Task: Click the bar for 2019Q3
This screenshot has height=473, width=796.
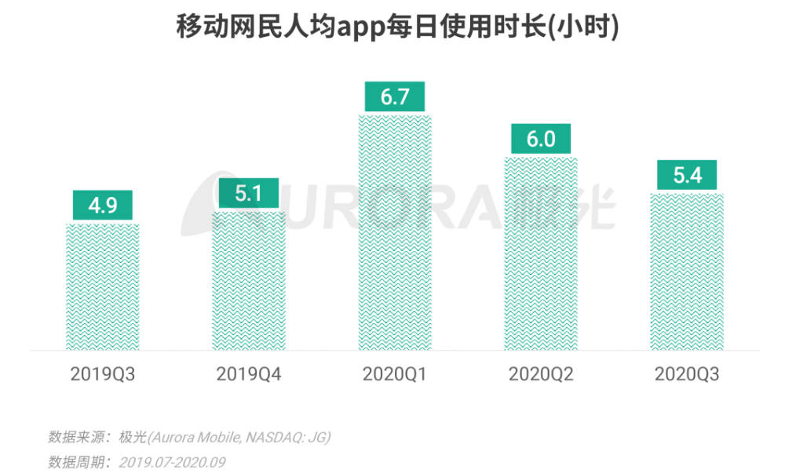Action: coord(103,286)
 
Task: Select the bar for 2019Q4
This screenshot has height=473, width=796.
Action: coord(249,280)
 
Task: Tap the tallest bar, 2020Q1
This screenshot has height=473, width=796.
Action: coord(395,232)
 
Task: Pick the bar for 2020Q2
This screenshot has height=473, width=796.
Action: coord(541,253)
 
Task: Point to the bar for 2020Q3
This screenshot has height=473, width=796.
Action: coord(687,271)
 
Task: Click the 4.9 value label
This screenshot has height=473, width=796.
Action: coord(103,206)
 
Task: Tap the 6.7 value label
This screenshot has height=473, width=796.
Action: coord(395,96)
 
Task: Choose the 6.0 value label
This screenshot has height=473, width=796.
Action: coord(541,139)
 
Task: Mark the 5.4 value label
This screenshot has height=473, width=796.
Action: coord(687,176)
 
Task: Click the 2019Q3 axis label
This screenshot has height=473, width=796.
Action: coord(103,374)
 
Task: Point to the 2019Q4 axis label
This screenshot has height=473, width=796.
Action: coord(249,374)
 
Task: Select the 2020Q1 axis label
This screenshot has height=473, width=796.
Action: coord(395,374)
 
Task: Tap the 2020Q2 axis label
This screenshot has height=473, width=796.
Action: coord(541,374)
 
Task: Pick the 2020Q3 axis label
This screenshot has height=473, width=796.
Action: coord(687,374)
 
